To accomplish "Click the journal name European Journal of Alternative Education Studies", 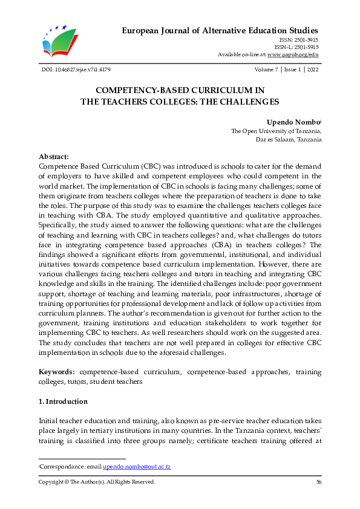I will (x=220, y=30).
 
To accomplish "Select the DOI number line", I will (x=74, y=71).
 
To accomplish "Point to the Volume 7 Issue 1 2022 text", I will (x=289, y=71).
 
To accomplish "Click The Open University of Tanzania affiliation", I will (x=276, y=131).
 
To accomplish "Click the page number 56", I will (x=318, y=482).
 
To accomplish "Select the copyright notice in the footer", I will (x=97, y=482).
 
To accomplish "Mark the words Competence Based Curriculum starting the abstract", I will (x=91, y=165).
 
